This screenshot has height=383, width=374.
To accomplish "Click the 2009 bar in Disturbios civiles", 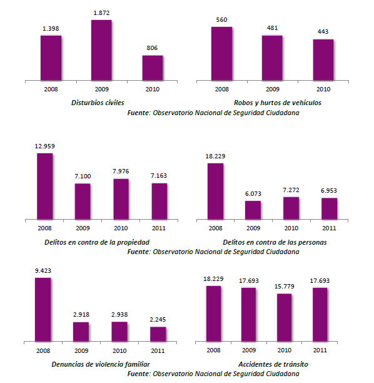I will pyautogui.click(x=101, y=49).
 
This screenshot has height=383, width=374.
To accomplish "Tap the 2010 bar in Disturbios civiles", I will pyautogui.click(x=152, y=67).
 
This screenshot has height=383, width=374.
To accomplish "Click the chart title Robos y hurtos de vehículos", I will pyautogui.click(x=278, y=103).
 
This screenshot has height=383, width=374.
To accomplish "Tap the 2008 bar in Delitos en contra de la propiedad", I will pyautogui.click(x=45, y=186).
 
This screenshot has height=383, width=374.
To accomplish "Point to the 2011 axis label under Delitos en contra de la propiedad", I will pyautogui.click(x=159, y=228).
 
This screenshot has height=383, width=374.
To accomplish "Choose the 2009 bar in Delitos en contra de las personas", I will pyautogui.click(x=253, y=210).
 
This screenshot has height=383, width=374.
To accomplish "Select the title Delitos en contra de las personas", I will pyautogui.click(x=275, y=242).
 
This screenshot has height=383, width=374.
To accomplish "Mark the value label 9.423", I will pyautogui.click(x=43, y=272).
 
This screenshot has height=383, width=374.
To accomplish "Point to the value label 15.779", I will pyautogui.click(x=284, y=287).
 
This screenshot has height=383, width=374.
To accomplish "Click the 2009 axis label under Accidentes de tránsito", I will pyautogui.click(x=248, y=350).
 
